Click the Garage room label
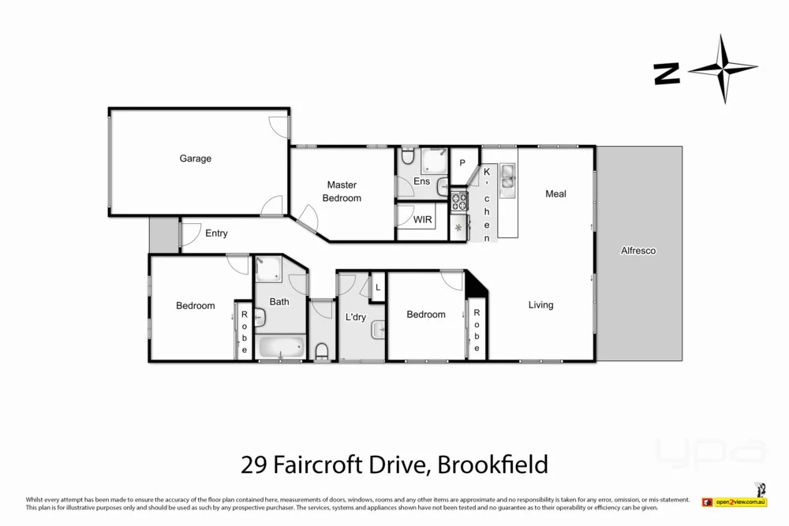click(195, 159)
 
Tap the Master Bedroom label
click(342, 192)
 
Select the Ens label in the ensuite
click(421, 181)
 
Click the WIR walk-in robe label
click(423, 219)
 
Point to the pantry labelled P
click(462, 163)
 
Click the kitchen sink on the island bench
click(507, 177)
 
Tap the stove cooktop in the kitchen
click(458, 200)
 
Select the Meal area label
click(555, 194)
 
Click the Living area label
click(540, 305)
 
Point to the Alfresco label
click(638, 251)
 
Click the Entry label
click(216, 233)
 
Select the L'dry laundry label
click(356, 318)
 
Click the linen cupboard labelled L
click(378, 288)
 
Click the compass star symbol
click(723, 69)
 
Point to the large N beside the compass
click(667, 74)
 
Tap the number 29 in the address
click(253, 464)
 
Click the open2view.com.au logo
click(741, 502)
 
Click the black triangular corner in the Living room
click(476, 285)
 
